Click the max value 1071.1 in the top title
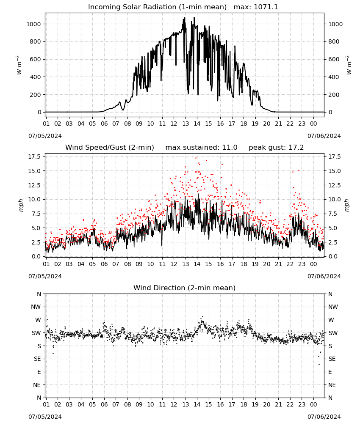click(x=266, y=7)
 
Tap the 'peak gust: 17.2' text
click(x=276, y=148)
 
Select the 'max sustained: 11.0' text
click(x=201, y=148)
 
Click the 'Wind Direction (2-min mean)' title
click(x=185, y=288)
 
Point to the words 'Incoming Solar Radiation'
click(x=132, y=7)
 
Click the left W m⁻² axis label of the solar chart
click(x=19, y=65)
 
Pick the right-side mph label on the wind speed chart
click(x=347, y=205)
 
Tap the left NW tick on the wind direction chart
click(x=36, y=307)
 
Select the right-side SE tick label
click(x=332, y=359)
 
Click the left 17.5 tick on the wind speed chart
click(x=35, y=157)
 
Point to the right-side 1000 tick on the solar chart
click(x=335, y=24)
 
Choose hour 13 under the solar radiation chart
click(x=185, y=124)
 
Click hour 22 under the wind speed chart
click(x=290, y=264)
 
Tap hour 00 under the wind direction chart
click(x=313, y=405)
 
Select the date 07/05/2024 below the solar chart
click(x=45, y=136)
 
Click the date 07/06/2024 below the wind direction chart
click(x=324, y=417)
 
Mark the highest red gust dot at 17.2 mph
click(x=196, y=158)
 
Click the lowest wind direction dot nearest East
click(x=319, y=365)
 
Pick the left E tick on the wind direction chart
click(x=39, y=372)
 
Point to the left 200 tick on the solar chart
click(x=36, y=95)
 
